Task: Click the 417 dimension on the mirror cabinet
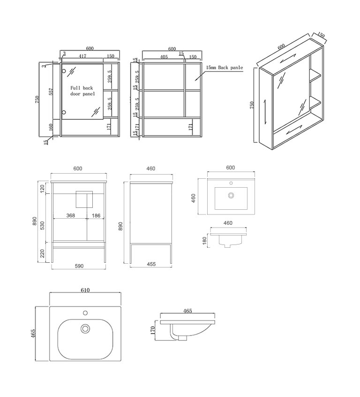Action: point(82,56)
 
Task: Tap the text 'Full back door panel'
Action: point(82,91)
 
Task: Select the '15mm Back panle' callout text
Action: point(225,68)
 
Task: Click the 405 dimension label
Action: point(164,57)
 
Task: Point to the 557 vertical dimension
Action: point(51,92)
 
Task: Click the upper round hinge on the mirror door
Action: point(63,71)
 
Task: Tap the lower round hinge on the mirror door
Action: point(63,112)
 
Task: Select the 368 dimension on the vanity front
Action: point(71,215)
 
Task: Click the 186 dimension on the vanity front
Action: point(96,215)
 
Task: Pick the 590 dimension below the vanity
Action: point(79,266)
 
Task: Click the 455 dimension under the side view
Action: point(151,264)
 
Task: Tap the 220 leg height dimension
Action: point(43,253)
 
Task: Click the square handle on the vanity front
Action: point(84,199)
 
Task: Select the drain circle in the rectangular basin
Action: point(231,196)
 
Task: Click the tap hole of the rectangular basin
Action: point(231,183)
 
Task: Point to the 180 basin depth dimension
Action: point(205,241)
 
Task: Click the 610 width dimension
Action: point(85,290)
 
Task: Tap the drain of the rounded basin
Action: point(85,328)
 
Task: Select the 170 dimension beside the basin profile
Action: point(152,330)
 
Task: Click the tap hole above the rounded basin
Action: point(85,313)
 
